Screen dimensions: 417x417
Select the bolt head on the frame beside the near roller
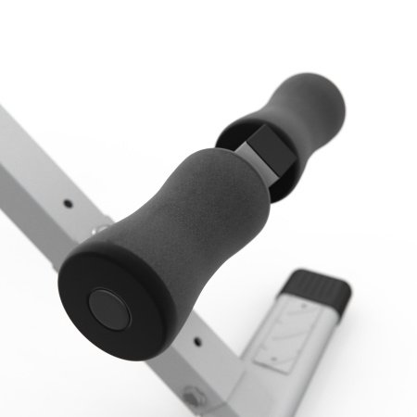pyautogui.click(x=100, y=226)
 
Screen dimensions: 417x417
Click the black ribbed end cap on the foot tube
pyautogui.click(x=320, y=289)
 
